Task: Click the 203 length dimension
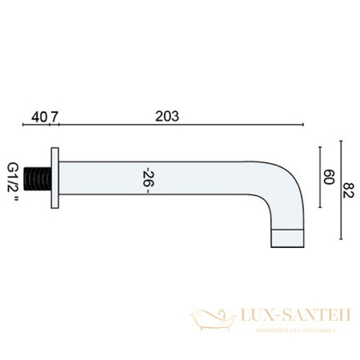coord(166,116)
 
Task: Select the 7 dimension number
coord(54,116)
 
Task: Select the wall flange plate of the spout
coord(54,178)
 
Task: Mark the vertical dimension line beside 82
coord(342,192)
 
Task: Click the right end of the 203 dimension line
coord(303,126)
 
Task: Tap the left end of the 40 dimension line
coord(24,126)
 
